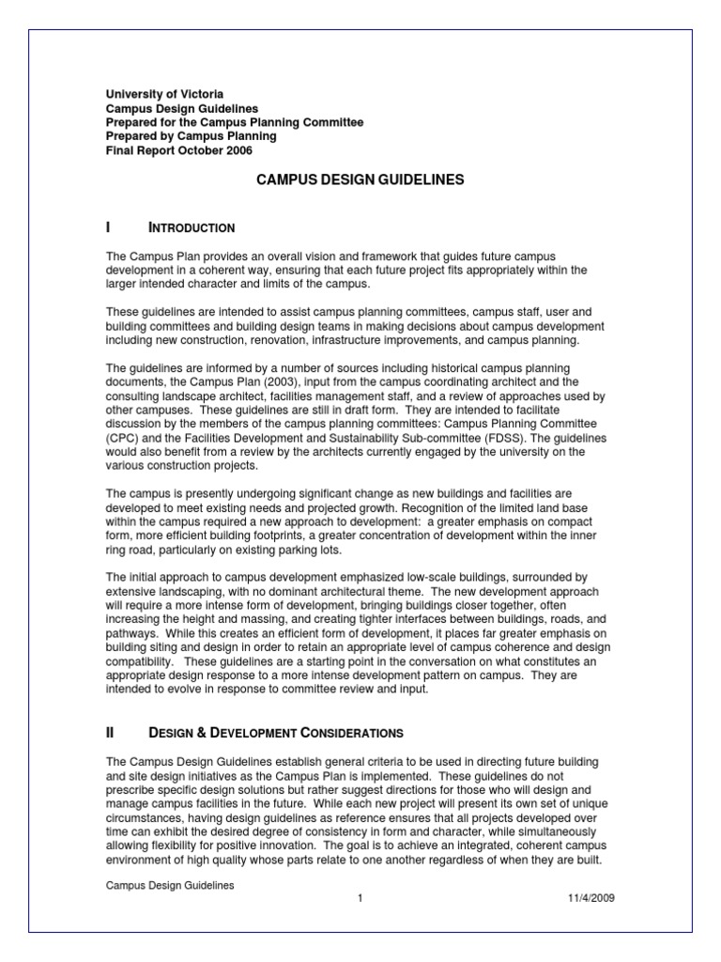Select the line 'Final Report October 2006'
tap(178, 150)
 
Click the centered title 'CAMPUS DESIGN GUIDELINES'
tap(360, 178)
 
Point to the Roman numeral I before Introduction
tap(109, 227)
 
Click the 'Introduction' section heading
tap(192, 228)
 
